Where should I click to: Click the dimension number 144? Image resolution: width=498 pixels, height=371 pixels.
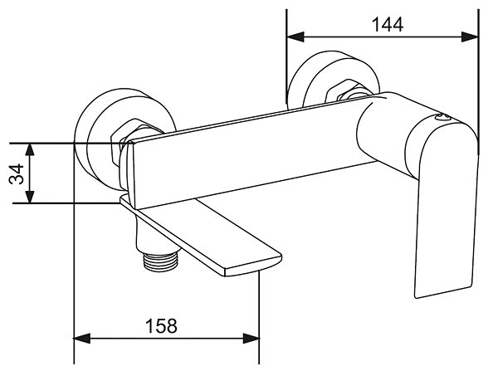tap(388, 24)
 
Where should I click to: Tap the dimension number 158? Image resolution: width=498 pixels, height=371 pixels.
tap(161, 325)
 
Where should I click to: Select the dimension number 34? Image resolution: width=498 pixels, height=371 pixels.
tap(17, 173)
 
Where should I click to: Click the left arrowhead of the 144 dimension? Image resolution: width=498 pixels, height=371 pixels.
tap(295, 37)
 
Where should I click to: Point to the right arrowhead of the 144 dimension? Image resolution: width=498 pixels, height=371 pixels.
tap(470, 37)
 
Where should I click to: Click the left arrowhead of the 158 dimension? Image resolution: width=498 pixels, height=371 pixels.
tap(82, 339)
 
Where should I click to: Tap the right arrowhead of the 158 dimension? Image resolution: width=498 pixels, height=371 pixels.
tap(251, 339)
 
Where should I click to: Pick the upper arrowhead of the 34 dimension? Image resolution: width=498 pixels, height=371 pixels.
tap(30, 149)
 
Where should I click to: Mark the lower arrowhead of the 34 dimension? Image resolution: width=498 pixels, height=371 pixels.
tap(30, 197)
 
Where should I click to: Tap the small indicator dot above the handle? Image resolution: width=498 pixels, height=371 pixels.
tap(442, 117)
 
